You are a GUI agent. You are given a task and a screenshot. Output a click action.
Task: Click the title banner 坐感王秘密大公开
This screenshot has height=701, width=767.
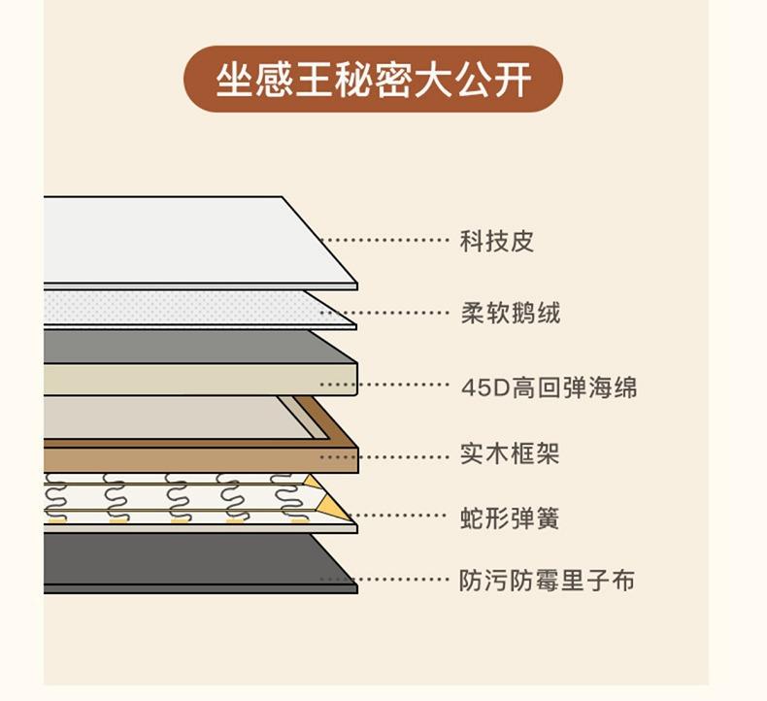373,80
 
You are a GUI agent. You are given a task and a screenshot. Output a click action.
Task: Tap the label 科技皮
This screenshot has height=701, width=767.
496,241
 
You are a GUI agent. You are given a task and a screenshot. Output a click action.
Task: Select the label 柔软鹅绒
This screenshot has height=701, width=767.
510,313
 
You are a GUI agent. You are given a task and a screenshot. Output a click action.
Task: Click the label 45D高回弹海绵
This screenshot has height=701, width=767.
550,387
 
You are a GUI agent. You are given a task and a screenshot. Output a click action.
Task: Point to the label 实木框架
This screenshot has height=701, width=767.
510,453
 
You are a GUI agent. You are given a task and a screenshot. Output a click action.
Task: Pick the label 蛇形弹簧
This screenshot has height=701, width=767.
509,518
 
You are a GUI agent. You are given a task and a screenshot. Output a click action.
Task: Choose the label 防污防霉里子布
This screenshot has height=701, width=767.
547,581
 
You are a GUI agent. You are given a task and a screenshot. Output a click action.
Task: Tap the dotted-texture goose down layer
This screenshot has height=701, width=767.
185,308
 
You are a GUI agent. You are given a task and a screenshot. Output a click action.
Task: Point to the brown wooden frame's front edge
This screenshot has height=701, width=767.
201,460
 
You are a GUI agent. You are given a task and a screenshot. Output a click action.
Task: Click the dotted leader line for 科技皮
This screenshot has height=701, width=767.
384,240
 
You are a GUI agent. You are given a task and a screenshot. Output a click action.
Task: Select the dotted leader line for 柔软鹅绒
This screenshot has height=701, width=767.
384,312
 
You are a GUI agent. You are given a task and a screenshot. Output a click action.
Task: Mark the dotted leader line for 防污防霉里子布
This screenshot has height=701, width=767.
384,580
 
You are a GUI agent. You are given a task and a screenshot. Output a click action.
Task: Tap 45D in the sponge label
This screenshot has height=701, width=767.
485,388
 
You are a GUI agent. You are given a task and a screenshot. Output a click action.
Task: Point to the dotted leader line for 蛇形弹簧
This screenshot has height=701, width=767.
396,516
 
